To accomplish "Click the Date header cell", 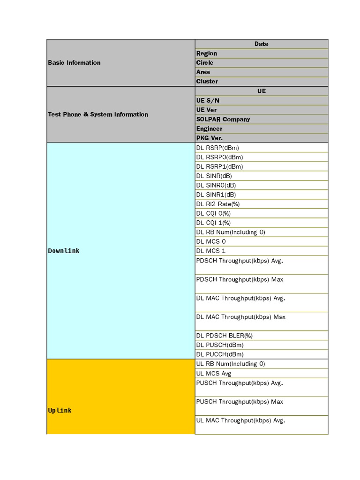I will point(261,44).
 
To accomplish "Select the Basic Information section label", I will point(74,63).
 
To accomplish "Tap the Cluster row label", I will point(207,82).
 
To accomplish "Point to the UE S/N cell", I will point(208,100).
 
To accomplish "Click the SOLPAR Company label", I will point(223,119).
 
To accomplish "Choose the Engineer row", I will point(210,128).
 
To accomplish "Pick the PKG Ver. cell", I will point(210,138).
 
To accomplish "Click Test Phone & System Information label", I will point(98,114).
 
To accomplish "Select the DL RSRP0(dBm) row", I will point(220,157).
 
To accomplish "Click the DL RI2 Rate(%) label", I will point(218,204).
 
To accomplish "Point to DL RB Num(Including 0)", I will point(231,232).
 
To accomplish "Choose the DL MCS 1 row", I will point(211,251).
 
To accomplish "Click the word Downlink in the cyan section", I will point(64,251).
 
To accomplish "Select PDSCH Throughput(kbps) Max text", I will point(240,279).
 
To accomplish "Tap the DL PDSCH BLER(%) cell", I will point(225,336).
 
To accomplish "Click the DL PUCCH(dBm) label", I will point(220,354).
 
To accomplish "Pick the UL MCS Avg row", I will point(214,374).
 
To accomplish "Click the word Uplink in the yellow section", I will point(60,411).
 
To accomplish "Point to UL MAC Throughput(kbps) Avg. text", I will point(241,420).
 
